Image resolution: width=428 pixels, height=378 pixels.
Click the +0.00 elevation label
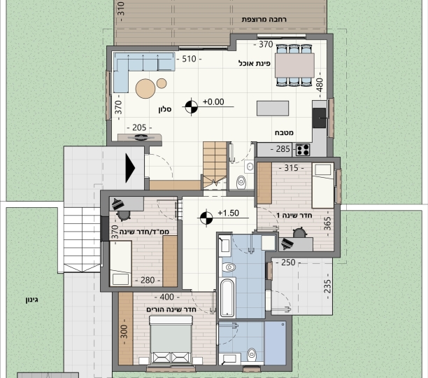point(213,102)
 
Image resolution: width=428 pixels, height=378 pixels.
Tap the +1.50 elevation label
point(229,213)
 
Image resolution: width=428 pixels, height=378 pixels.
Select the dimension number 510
point(189,59)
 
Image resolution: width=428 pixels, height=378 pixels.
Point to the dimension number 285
point(283,149)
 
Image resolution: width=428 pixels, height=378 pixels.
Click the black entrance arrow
point(130,168)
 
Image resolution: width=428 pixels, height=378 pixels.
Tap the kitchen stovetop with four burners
point(303,150)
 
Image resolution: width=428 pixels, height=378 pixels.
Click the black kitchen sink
point(319,118)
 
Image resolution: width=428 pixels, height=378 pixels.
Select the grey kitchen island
point(273,108)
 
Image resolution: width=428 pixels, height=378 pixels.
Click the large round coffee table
point(145,88)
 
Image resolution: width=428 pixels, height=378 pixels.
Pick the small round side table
point(162,83)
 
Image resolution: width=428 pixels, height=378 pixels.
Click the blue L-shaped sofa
point(136,69)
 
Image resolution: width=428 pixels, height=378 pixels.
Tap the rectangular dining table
point(294,66)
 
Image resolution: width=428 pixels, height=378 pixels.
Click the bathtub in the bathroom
point(227,297)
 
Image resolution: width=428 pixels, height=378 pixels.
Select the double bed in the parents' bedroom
point(171,339)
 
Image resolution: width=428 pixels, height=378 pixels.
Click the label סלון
point(165,110)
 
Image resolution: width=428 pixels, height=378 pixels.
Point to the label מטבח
point(284,133)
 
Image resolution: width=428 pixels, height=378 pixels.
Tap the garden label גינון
point(32,300)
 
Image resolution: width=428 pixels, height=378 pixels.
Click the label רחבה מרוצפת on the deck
point(264,20)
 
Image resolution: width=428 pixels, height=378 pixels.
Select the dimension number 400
point(166,297)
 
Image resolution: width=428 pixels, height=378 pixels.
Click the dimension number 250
point(288,262)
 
